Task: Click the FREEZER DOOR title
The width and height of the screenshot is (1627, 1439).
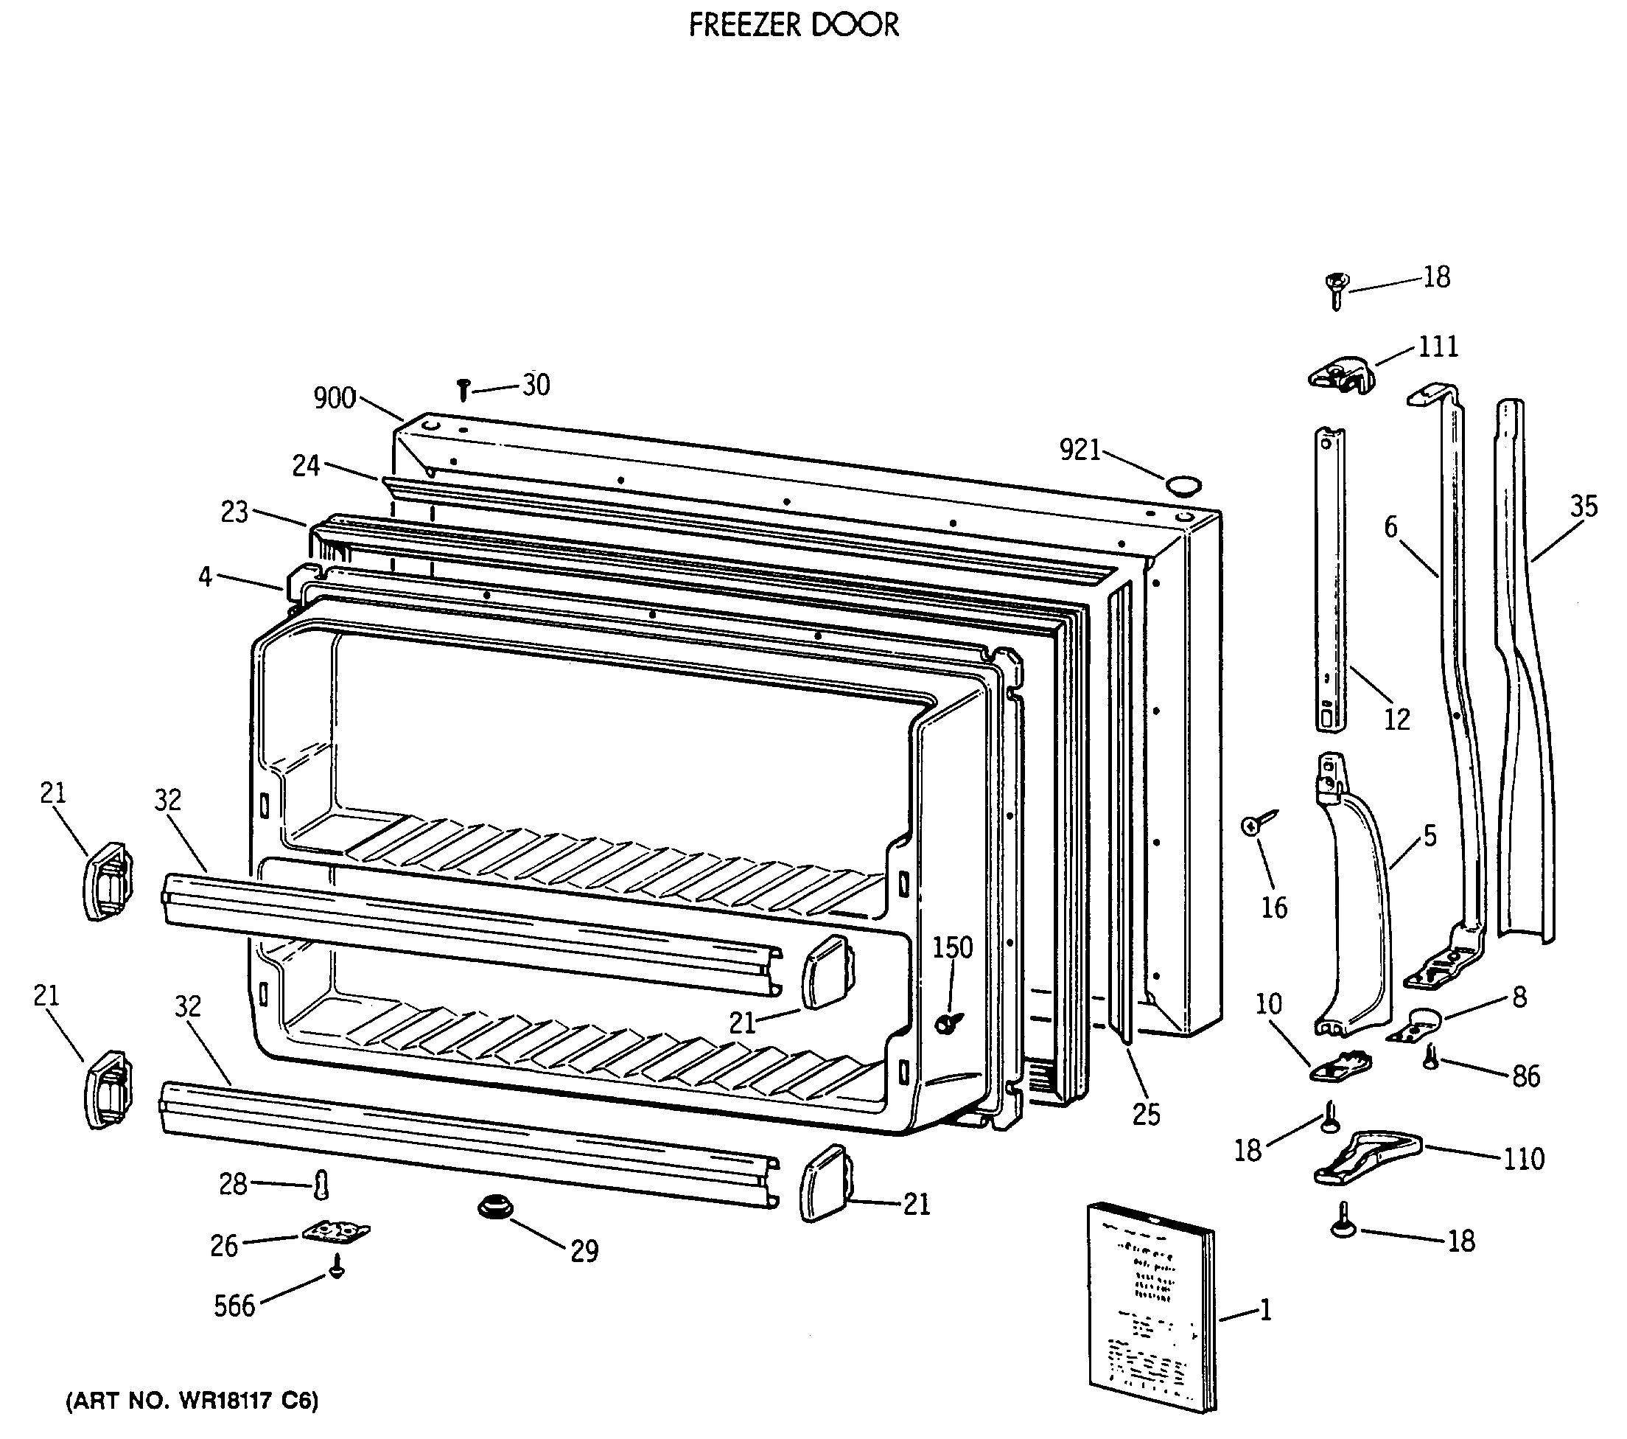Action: point(793,26)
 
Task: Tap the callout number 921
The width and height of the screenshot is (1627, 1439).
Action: point(1080,450)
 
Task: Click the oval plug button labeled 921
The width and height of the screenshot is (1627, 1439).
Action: point(1183,485)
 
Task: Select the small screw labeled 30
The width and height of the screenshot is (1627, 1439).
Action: point(464,390)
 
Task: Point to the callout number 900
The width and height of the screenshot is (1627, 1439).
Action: point(335,397)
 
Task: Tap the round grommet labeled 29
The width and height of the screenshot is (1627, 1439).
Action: point(495,1208)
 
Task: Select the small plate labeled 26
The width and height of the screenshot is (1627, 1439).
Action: point(336,1232)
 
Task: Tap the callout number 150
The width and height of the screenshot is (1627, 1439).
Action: point(952,947)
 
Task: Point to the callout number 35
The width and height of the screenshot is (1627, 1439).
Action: point(1584,506)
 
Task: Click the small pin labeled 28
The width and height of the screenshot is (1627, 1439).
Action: point(321,1185)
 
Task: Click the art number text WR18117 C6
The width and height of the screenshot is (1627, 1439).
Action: point(192,1401)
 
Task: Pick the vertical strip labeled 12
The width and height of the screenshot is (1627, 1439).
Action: point(1329,577)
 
